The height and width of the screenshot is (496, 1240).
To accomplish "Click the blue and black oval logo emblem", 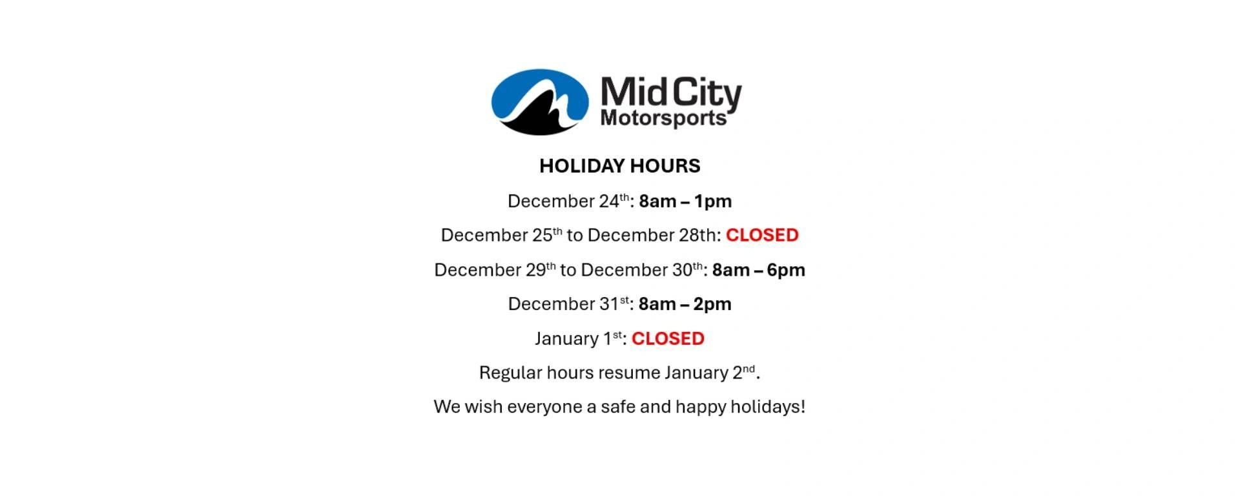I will pos(540,102).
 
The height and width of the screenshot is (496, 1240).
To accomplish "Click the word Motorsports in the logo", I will pos(663,118).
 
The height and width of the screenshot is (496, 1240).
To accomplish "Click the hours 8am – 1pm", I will pos(685,201).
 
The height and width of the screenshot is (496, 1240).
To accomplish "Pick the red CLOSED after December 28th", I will pos(762,235).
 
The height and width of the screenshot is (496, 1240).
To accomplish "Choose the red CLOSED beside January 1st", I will pos(668,338).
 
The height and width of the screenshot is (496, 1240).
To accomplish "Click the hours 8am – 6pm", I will pos(758,270).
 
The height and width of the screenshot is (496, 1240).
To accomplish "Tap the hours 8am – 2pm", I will pos(685,304).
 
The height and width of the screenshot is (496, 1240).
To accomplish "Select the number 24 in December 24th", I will pos(609,201).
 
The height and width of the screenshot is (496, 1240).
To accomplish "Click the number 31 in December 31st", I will pos(609,304).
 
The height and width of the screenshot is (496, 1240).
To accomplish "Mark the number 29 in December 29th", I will pos(536,270).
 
